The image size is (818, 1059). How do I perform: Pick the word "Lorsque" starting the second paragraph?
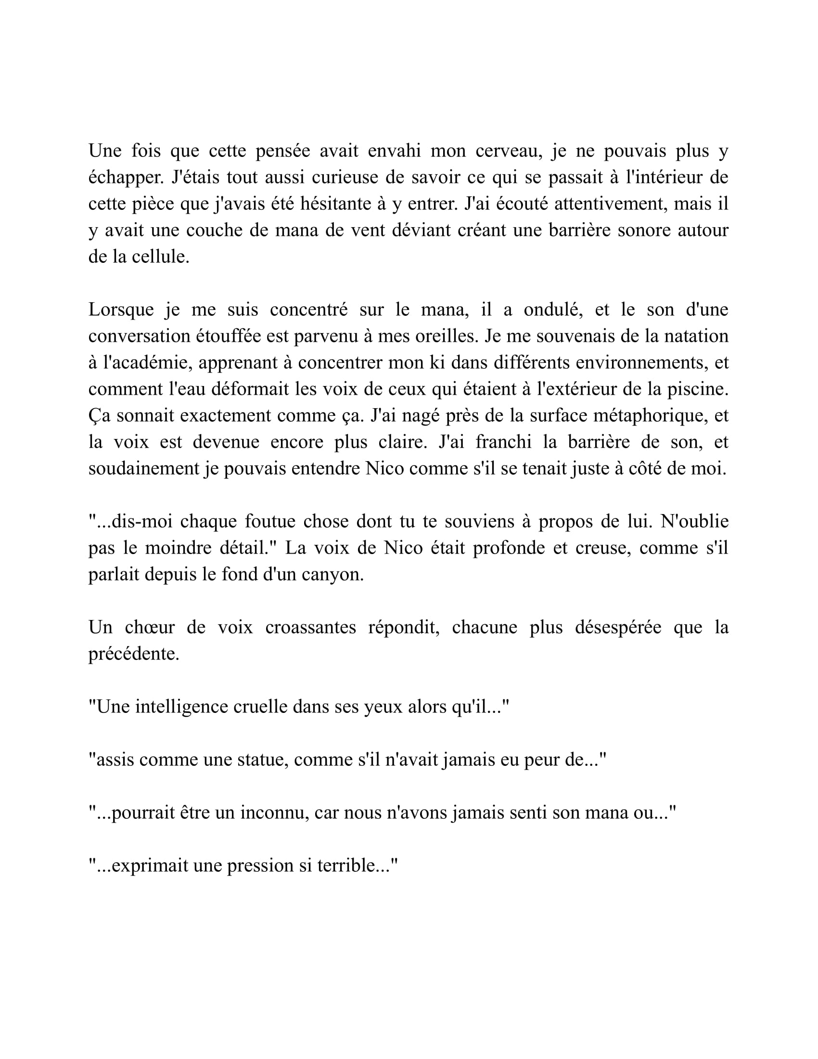[121, 310]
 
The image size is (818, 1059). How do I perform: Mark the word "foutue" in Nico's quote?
[270, 522]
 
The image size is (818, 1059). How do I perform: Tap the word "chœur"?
[150, 627]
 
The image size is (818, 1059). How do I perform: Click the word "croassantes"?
[311, 627]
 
